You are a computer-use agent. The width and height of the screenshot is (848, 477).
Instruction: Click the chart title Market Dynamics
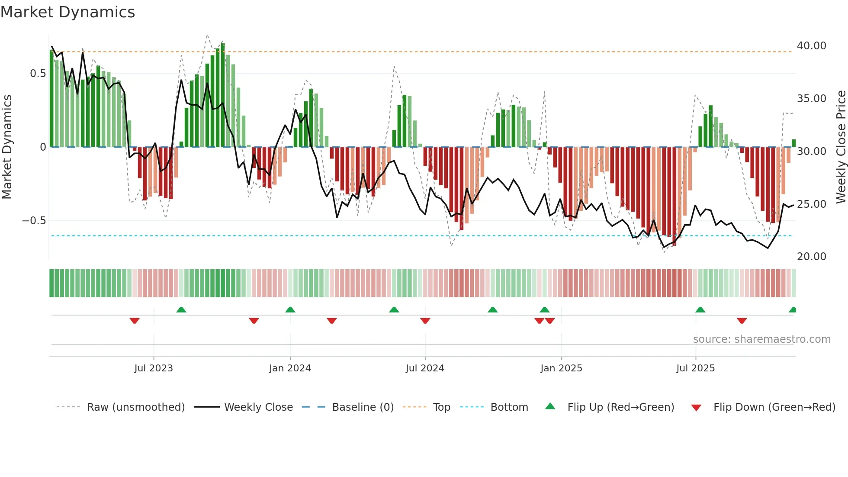click(68, 12)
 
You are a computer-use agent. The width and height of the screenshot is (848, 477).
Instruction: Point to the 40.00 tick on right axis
click(811, 46)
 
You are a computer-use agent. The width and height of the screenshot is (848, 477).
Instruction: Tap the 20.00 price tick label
click(811, 257)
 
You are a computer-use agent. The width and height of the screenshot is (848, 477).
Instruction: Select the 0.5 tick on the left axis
click(38, 74)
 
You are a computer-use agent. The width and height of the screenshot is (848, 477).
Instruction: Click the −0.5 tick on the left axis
click(34, 221)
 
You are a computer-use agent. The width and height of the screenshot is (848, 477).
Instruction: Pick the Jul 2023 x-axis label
click(154, 368)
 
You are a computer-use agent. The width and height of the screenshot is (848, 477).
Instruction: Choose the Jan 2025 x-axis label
click(561, 368)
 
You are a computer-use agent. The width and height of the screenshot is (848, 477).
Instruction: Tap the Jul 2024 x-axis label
click(425, 368)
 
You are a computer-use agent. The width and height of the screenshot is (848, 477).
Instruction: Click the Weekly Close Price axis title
click(841, 147)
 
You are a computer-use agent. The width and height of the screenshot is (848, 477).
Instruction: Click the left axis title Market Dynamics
click(7, 147)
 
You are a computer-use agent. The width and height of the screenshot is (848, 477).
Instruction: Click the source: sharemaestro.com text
click(761, 339)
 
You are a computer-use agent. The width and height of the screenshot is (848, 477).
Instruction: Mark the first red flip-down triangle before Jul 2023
click(135, 321)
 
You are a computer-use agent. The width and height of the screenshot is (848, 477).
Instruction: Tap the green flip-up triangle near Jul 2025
click(700, 309)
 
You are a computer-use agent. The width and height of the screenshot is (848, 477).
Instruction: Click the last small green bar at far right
click(793, 143)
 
